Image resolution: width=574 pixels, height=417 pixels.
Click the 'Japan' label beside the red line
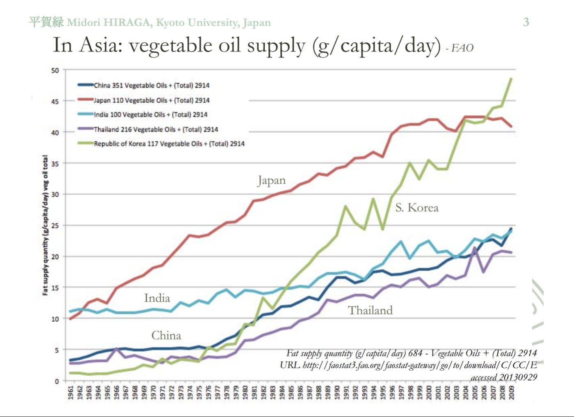[271, 180]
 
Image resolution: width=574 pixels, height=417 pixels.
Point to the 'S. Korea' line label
[417, 208]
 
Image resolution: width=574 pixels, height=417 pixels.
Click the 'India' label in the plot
[157, 298]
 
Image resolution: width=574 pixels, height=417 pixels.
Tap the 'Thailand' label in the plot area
[370, 310]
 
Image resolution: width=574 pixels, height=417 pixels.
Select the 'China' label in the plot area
[166, 336]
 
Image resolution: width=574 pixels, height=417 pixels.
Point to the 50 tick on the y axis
[55, 71]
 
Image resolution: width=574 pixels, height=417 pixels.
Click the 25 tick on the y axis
[55, 226]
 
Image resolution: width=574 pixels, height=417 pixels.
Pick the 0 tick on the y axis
[57, 381]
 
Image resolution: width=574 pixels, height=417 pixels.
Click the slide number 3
[526, 22]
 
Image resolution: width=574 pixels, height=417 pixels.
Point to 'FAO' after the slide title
[462, 48]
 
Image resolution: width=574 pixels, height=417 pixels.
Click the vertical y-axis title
[45, 225]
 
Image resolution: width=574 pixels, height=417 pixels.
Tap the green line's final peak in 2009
[511, 78]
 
